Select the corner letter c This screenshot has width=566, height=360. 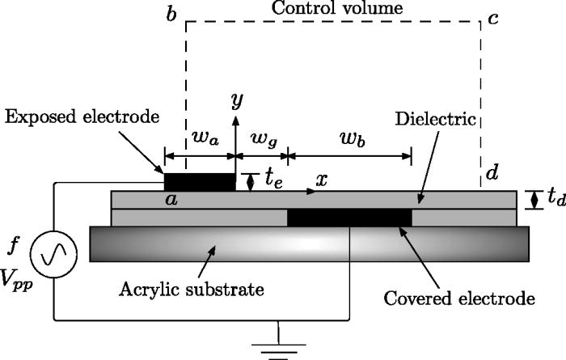[492, 19]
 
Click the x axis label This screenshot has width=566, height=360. [321, 180]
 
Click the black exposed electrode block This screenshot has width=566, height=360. [200, 182]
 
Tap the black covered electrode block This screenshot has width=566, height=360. [349, 217]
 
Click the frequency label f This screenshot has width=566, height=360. [15, 244]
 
